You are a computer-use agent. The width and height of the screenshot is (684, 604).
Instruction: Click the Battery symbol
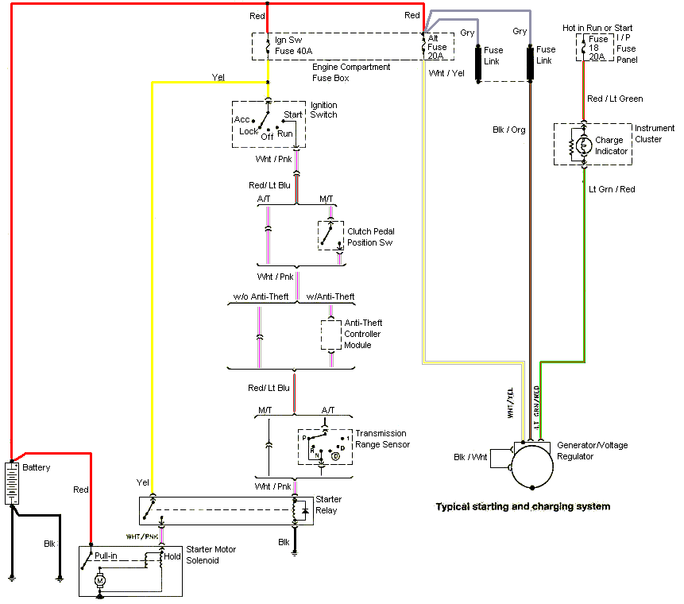click(x=12, y=484)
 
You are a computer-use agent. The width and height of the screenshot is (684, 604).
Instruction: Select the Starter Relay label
click(x=328, y=505)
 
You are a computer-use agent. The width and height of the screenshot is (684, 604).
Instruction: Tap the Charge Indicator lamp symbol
click(x=584, y=145)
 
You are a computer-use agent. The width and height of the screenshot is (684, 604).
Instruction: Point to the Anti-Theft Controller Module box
click(x=330, y=335)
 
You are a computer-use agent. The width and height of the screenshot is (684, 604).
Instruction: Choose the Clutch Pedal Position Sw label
click(x=369, y=237)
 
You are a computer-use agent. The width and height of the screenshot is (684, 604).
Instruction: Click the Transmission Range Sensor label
click(x=382, y=439)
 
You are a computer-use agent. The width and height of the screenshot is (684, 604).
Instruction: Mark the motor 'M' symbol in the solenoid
click(x=100, y=581)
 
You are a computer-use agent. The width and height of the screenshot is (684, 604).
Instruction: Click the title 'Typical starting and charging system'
click(x=523, y=506)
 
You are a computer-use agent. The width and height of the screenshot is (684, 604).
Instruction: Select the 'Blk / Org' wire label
click(x=509, y=130)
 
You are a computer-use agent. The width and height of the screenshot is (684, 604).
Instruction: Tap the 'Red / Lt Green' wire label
click(x=615, y=99)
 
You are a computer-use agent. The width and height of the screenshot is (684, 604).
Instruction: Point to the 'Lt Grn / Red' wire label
click(x=612, y=189)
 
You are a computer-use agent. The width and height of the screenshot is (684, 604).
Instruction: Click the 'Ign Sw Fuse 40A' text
click(x=294, y=45)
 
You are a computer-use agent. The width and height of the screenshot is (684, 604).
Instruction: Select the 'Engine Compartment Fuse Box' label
click(x=350, y=72)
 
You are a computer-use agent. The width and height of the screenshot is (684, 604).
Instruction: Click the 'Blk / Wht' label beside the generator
click(x=470, y=457)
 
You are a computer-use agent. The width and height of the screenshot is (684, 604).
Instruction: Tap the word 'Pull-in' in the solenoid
click(x=106, y=556)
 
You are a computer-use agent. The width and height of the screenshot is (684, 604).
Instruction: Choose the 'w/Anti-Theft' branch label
click(x=330, y=296)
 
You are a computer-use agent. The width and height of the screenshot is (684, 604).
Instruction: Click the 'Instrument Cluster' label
click(x=654, y=133)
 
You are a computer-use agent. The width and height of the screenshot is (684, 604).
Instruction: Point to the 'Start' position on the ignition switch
click(x=293, y=114)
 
